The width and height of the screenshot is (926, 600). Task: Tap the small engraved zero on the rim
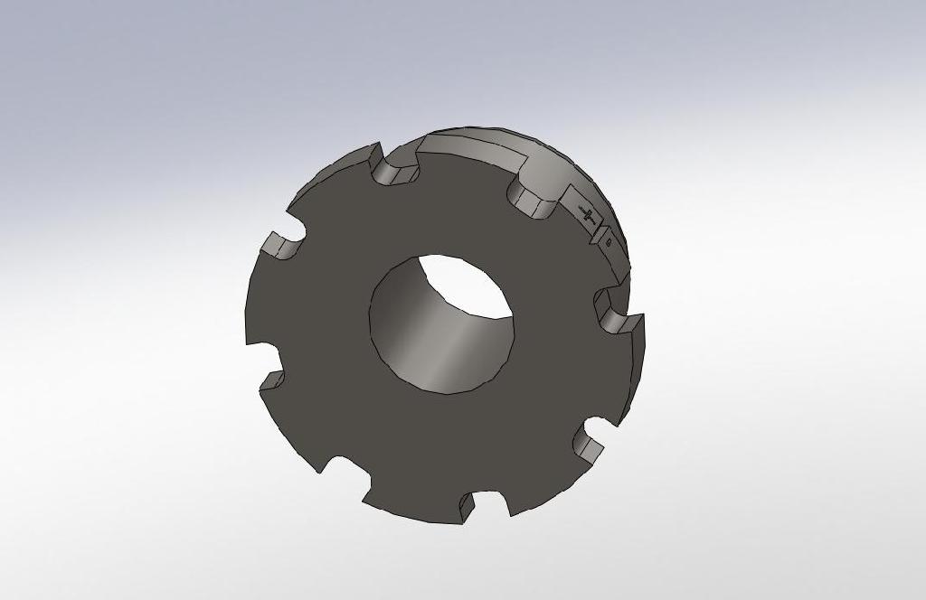pos(609,241)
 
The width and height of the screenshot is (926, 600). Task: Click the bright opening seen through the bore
pos(465,284)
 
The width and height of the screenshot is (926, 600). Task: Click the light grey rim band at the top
pos(470,145)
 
